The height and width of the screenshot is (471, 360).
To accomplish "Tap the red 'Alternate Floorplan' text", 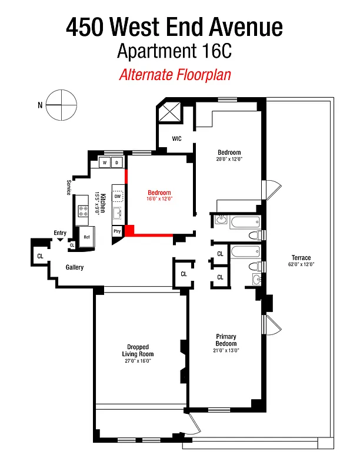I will point(174,75).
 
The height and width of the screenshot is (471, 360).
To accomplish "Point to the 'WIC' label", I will point(176,138).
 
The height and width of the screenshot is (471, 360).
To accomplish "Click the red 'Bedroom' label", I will point(159,193).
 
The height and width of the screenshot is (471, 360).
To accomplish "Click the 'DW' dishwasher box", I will point(118,197).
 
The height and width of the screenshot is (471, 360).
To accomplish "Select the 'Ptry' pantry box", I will point(117,231).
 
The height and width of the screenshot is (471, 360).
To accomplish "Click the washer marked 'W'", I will point(104,162).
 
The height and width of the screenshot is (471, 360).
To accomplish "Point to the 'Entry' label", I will point(60,233).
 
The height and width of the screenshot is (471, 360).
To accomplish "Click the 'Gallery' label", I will point(74,267).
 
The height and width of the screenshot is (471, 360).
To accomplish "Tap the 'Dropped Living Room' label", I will point(138,350).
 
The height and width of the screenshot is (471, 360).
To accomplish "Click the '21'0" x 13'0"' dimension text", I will point(225,350).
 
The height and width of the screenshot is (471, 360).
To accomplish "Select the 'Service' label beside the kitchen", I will point(69,187).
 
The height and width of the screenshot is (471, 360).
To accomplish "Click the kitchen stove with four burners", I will point(82,211).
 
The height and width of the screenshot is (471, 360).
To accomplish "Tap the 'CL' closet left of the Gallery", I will point(40,256).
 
